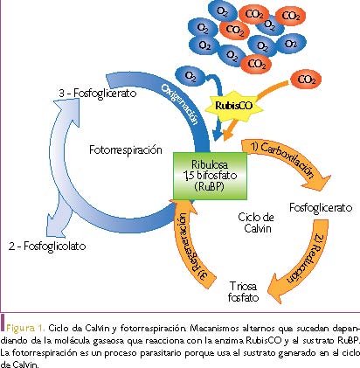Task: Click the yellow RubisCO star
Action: [233, 106]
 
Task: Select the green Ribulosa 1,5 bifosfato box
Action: [210, 176]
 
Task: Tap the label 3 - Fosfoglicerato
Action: [98, 94]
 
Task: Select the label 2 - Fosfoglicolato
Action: [47, 246]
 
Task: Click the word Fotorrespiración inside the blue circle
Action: [126, 150]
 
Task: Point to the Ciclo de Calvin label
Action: [256, 223]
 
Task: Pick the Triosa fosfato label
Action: [244, 292]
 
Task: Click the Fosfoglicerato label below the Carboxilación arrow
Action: [321, 208]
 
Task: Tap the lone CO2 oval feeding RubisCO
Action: [306, 80]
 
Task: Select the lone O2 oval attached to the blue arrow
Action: [190, 76]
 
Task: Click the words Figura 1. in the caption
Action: [25, 328]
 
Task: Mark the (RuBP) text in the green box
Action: [210, 186]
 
